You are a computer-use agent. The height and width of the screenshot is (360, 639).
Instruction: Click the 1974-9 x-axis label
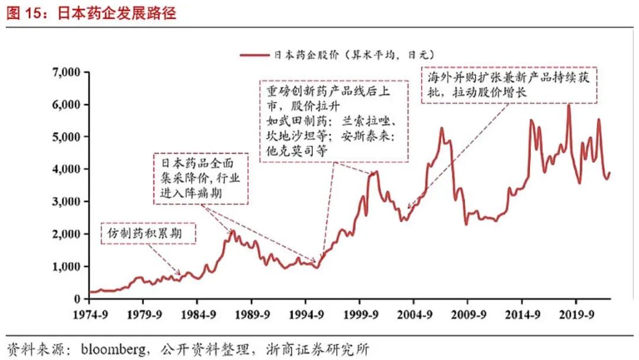coord(91,314)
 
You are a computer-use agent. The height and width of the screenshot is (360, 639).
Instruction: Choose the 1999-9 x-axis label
coord(361,314)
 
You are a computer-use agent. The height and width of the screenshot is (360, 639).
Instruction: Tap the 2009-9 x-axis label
coord(469,314)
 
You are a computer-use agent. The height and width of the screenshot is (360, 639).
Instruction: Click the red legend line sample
coord(254,54)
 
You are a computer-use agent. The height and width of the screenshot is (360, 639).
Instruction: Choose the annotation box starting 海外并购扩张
coord(509,85)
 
